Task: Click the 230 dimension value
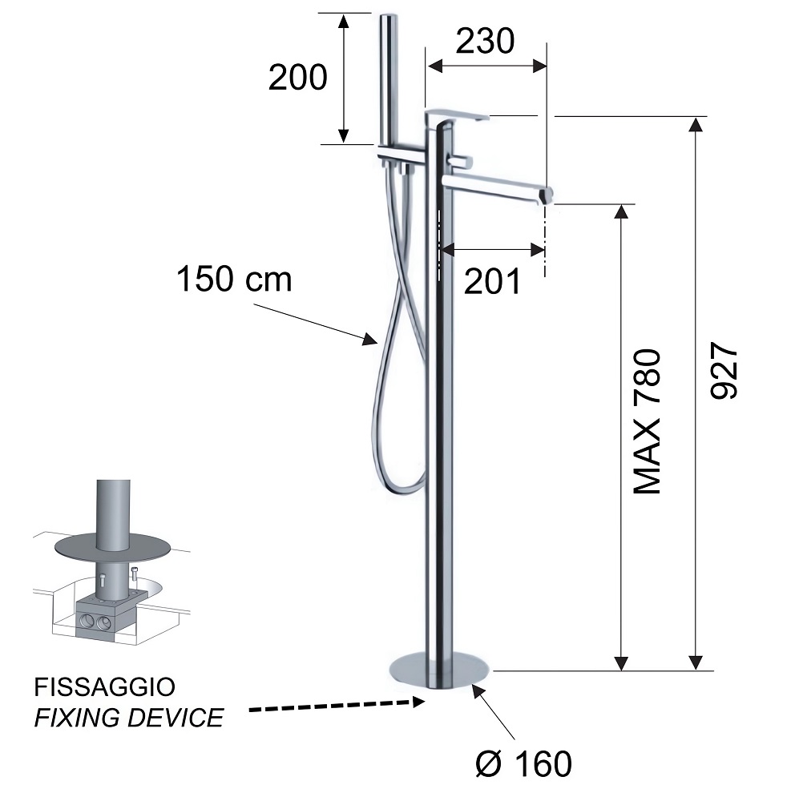coord(485,42)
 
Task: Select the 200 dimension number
coord(297,78)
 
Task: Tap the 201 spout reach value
coord(492,281)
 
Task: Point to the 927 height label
coord(724,370)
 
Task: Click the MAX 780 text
coord(648,421)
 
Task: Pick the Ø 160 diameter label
coord(523,763)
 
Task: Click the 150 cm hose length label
coord(234,279)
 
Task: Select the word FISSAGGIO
coord(105,687)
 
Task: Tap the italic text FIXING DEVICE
coord(129,717)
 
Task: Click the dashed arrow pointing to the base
coord(337,706)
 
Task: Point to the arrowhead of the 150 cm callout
coord(371,339)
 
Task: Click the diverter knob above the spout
coord(461,161)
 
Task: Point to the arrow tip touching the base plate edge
coord(474,686)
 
